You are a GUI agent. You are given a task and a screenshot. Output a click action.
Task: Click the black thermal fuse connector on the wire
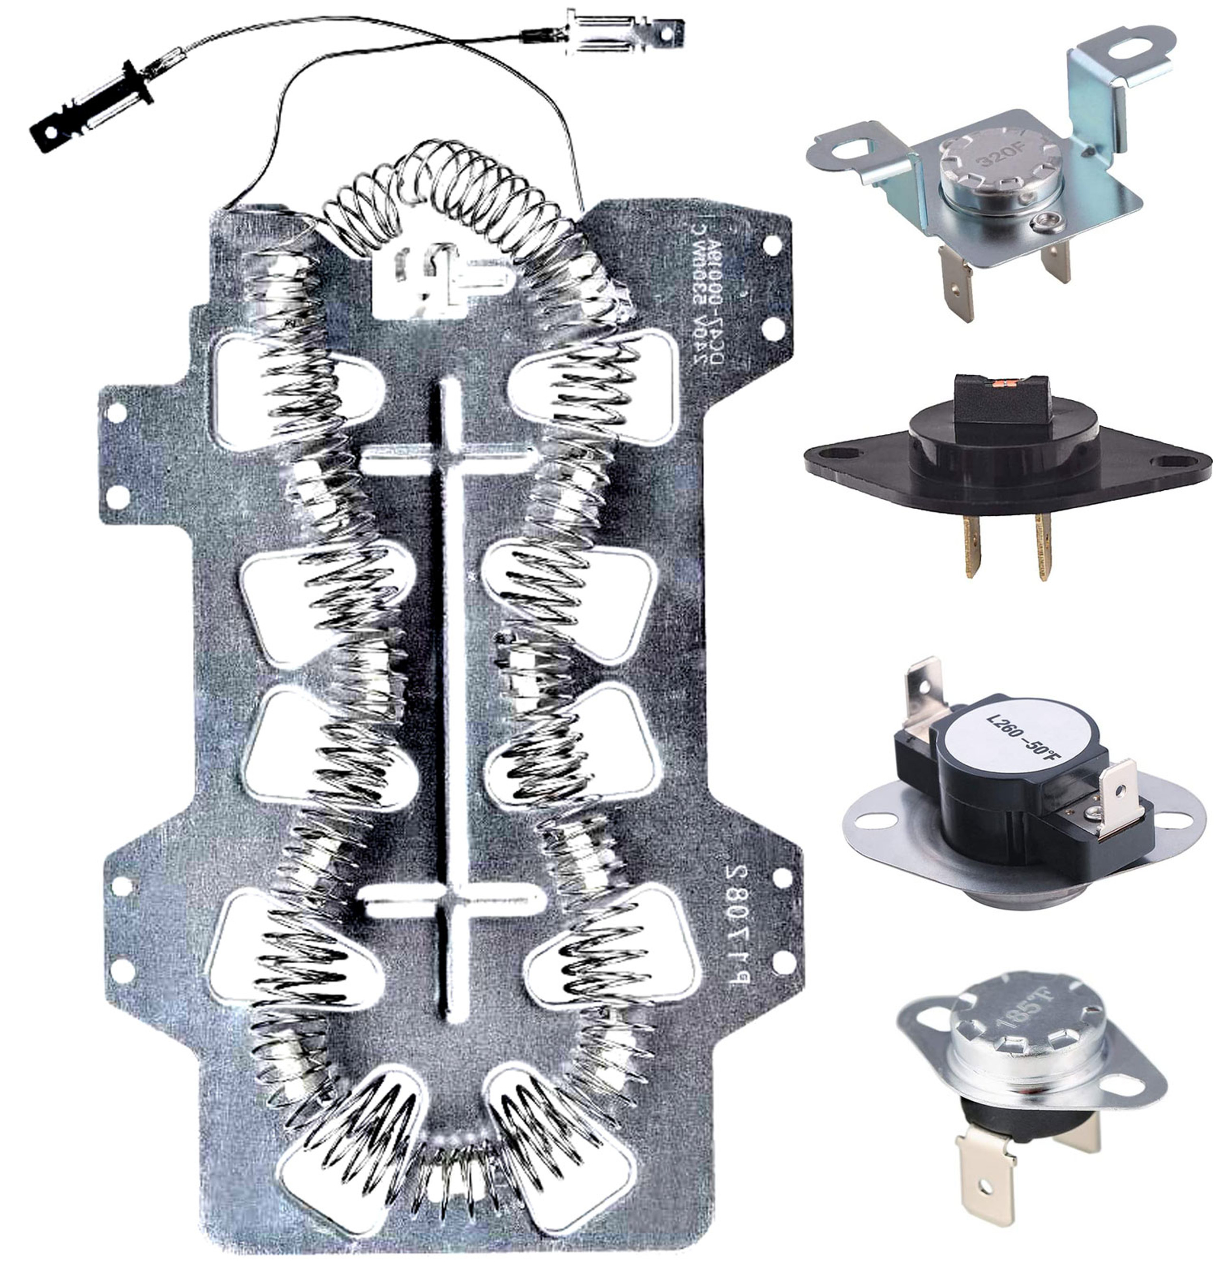point(95,107)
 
